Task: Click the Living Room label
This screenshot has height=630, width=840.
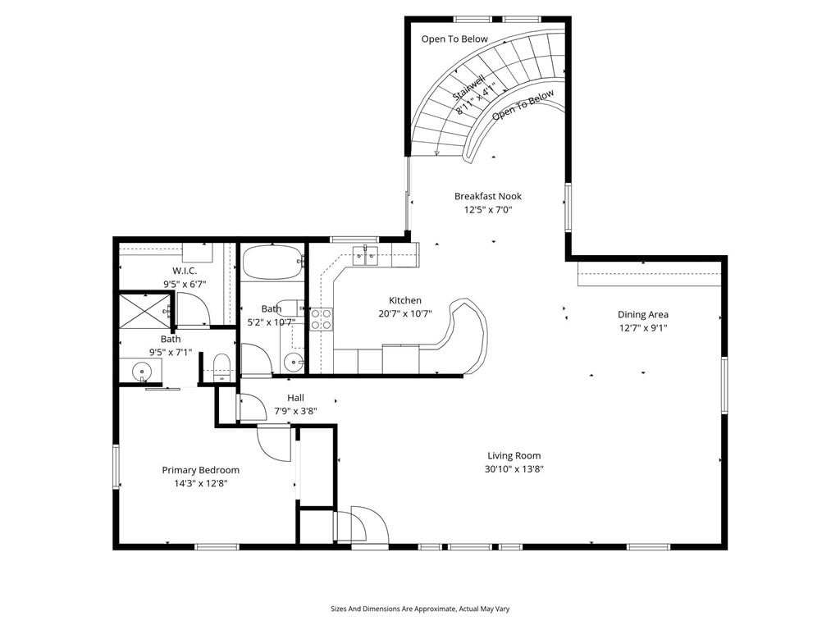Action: (x=514, y=456)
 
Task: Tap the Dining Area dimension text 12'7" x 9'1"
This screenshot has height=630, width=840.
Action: (x=643, y=328)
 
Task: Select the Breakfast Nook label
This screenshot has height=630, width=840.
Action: (x=488, y=196)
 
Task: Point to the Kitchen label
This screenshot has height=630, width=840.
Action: (x=405, y=300)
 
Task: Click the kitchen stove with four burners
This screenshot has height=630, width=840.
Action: (x=322, y=319)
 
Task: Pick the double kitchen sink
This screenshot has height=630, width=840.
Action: (x=365, y=255)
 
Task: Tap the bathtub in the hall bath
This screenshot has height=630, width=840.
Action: (x=272, y=262)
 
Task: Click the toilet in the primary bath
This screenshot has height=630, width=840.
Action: (x=221, y=367)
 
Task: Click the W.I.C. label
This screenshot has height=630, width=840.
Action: (x=185, y=271)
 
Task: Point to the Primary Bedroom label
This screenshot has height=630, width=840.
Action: (x=200, y=470)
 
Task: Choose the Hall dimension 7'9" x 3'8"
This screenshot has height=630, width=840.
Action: (x=295, y=412)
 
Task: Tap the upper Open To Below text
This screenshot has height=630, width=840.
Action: (x=454, y=39)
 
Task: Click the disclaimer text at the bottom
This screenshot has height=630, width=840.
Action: (x=420, y=609)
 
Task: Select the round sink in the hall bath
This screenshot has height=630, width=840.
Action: (x=293, y=362)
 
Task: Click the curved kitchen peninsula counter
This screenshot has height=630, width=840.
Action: (x=465, y=333)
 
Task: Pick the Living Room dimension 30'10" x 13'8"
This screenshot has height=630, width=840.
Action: (x=514, y=470)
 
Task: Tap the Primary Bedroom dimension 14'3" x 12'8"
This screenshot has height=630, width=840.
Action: (x=200, y=484)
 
